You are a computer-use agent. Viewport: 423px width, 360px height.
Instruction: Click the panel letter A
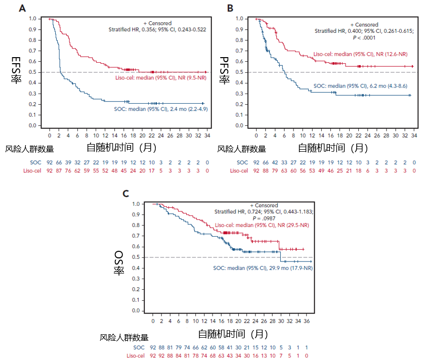(21, 8)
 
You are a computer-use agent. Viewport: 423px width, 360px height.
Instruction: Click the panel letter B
(230, 8)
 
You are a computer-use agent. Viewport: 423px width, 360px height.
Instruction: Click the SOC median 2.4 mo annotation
(158, 108)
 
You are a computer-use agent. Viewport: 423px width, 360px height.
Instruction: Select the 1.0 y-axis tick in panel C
(136, 204)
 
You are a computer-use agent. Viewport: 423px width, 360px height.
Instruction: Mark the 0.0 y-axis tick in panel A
(32, 125)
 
